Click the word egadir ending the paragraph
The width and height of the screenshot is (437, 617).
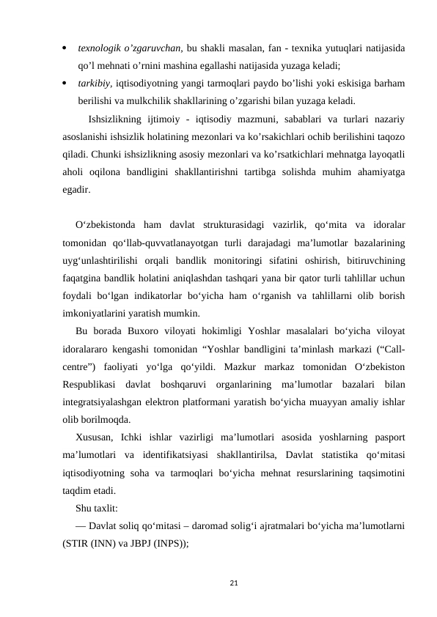point(77,189)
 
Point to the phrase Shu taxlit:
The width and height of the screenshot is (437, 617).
point(98,507)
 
